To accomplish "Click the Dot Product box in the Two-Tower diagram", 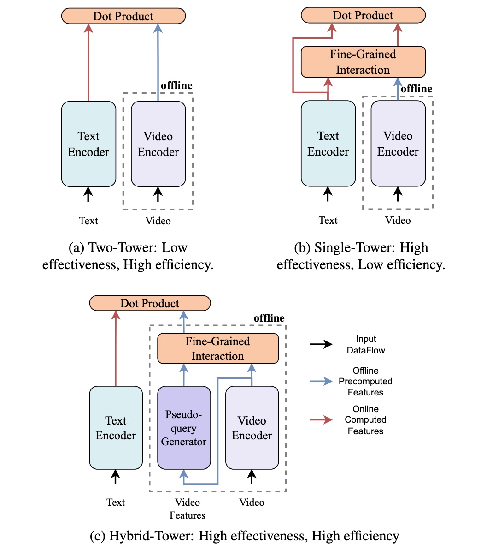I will point(123,16).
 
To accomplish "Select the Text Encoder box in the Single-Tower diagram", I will point(328,144).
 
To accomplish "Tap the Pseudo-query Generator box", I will point(184,428).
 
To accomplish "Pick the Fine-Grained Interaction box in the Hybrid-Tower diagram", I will point(218,348).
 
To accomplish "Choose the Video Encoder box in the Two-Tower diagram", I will point(158,144).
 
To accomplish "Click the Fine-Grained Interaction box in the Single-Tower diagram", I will point(363,62).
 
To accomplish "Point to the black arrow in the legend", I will point(321,344).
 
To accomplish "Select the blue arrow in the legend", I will point(321,381).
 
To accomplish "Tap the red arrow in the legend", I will point(321,419).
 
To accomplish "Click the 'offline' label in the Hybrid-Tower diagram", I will point(269,318).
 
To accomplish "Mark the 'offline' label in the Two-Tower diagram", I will point(176,85).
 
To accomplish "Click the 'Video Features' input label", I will point(188,509).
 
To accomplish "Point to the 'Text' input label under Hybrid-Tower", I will point(116,502).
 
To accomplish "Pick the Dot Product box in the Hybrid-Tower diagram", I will point(150,303).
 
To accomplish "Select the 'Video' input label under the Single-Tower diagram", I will point(398,221).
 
